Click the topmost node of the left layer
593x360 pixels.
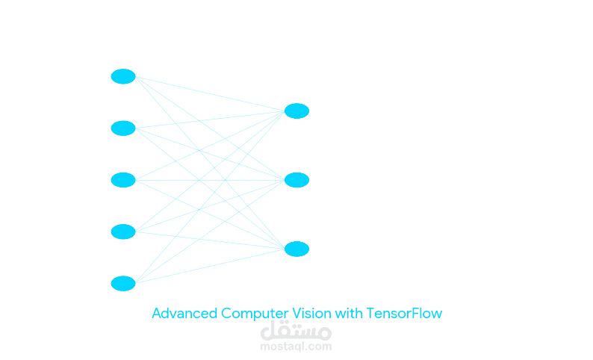point(123,76)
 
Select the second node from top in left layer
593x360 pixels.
point(123,128)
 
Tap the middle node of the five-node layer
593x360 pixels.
point(123,180)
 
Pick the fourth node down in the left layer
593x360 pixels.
point(123,232)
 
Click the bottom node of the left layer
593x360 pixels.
point(123,283)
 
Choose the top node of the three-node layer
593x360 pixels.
point(296,111)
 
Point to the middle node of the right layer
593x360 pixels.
point(296,180)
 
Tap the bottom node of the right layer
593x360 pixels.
point(296,249)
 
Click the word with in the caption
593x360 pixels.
point(347,314)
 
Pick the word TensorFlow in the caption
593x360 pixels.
point(404,314)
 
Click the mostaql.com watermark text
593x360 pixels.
point(296,347)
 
